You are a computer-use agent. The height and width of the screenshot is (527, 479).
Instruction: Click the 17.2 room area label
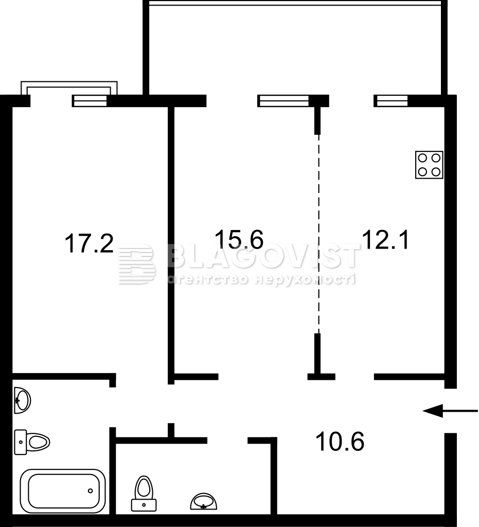point(89,243)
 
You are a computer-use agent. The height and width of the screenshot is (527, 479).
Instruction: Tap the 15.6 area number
point(239,239)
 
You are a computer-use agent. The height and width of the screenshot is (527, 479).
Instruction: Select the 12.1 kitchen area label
point(386,239)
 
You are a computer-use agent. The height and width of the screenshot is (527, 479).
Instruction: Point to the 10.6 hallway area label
point(340,441)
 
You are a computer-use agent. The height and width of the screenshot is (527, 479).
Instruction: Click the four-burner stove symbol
point(429,165)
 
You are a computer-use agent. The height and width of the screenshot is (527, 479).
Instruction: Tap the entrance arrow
point(450,410)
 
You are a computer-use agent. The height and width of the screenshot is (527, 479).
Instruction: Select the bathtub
point(63,490)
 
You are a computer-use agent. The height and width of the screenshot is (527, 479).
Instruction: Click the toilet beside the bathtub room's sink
point(32,442)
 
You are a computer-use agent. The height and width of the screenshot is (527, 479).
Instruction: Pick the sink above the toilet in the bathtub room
point(23,400)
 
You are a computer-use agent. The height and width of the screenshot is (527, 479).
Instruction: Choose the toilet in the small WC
point(144,493)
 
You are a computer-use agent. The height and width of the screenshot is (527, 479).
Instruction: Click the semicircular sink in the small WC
point(204,501)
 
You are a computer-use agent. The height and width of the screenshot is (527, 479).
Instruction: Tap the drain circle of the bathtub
point(90,490)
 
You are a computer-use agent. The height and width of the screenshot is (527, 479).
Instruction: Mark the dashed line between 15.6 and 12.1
point(319,234)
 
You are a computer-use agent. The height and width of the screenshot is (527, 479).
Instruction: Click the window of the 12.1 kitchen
point(391,101)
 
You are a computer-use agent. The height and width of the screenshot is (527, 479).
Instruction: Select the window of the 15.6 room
point(283,101)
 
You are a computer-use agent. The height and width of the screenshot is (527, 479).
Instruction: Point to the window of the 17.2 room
point(90,101)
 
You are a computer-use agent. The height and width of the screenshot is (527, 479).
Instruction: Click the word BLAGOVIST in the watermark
point(263,257)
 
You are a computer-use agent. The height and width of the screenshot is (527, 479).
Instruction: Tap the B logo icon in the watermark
point(137,264)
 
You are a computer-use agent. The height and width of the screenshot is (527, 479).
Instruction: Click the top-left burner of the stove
point(422,158)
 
